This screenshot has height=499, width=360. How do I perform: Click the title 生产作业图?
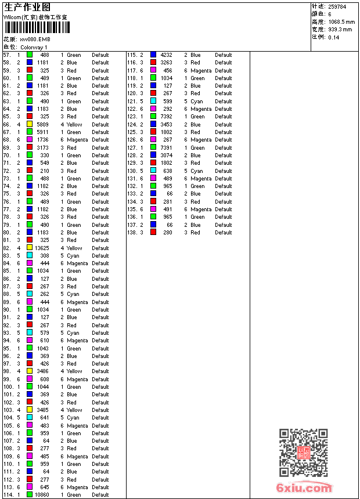pos(27,7)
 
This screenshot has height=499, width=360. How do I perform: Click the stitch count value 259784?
pos(337,6)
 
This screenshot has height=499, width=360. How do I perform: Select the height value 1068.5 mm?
pos(340,21)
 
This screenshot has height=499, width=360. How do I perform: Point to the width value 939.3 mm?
pos(340,29)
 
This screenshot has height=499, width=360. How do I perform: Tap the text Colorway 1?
pos(34,47)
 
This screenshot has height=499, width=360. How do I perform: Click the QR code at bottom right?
pos(304,453)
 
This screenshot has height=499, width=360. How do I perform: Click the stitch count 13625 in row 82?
pos(42,248)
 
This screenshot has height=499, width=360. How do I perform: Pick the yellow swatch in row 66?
pos(30,124)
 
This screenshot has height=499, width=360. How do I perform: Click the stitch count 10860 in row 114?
pos(42,495)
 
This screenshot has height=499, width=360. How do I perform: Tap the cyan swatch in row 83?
pos(30,255)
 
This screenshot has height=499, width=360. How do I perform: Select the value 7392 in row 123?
pos(166,117)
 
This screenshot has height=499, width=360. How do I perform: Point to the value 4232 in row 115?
pos(166,55)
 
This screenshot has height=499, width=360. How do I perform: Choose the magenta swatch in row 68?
pos(30,140)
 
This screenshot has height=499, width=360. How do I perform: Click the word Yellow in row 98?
pos(74,371)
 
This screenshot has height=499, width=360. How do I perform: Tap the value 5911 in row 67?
pos(43,132)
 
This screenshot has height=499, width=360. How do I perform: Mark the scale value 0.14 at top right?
pos(334,37)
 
